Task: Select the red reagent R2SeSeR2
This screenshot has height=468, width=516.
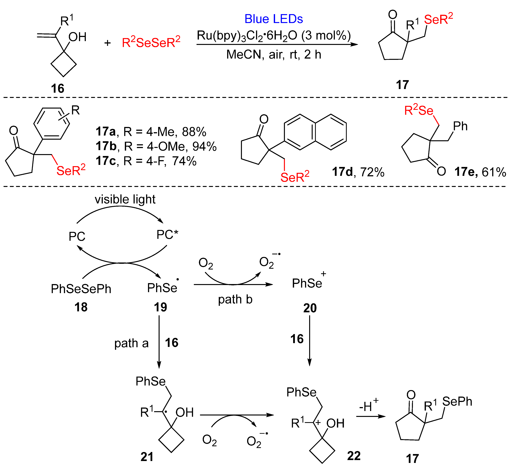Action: pos(151,42)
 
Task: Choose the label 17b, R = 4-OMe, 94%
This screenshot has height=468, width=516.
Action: pos(156,146)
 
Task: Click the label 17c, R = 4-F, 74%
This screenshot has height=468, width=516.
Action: pos(146,161)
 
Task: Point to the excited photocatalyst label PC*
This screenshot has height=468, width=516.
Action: pos(167,235)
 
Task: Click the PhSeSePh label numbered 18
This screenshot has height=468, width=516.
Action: pos(81,289)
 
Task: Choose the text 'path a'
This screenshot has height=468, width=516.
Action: pos(131,343)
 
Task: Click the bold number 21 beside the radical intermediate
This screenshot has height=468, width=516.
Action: pos(147,457)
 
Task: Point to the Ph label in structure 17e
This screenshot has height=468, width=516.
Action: pos(460,126)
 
